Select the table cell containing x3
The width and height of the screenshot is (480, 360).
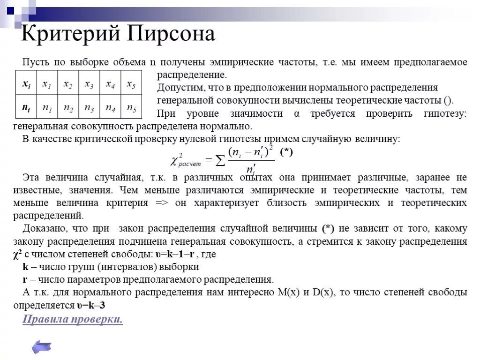89,84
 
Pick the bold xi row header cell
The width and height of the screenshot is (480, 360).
26,84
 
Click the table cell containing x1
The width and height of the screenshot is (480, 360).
47,84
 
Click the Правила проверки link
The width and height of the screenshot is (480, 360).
73,320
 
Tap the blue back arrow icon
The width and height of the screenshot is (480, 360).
41,347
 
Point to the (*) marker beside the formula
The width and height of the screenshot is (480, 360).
286,152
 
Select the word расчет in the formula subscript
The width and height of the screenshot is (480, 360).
189,164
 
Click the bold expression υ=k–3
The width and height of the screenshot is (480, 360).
91,305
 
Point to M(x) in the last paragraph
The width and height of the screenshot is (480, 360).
289,292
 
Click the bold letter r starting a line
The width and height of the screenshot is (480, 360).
24,280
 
